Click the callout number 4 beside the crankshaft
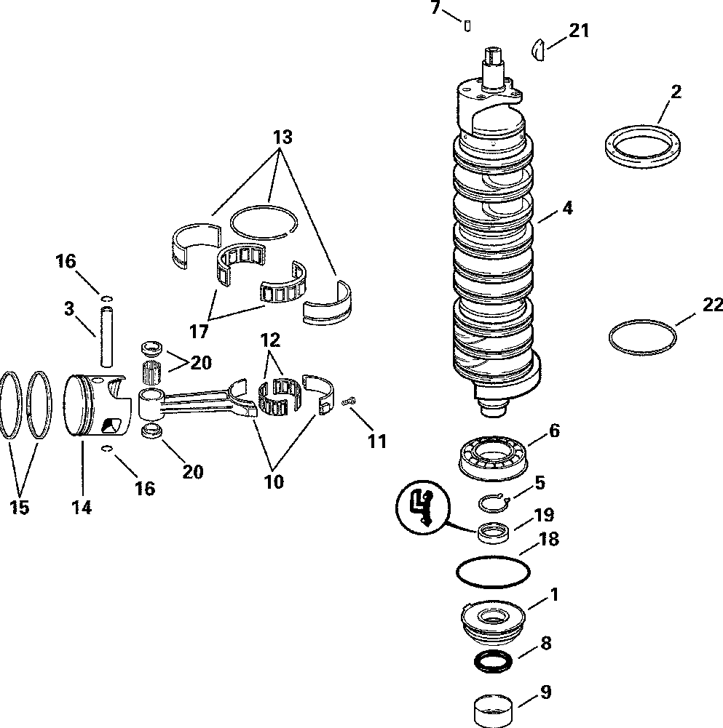click(567, 209)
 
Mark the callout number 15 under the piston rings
click(20, 507)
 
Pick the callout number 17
click(199, 332)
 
